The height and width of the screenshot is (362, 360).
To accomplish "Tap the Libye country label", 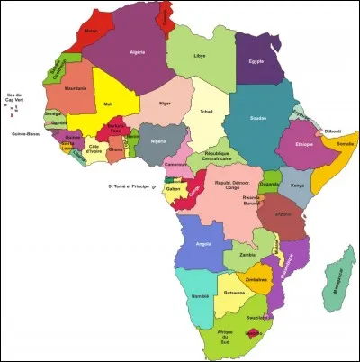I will (200, 56).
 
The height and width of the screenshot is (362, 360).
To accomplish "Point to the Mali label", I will (109, 104).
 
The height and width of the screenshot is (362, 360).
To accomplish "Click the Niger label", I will (164, 103).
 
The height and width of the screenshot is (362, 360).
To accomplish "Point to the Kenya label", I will (297, 186).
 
